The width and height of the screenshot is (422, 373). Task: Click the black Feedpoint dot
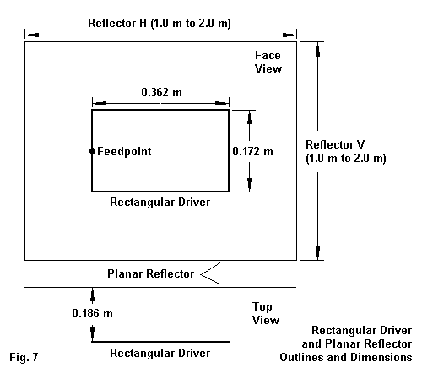[x=92, y=151]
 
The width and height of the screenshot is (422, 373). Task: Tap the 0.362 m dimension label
[x=161, y=92]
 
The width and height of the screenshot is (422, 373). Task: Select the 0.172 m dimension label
[x=252, y=151]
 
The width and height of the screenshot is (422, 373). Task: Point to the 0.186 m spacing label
[x=92, y=313]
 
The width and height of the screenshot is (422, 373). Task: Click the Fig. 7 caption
[x=24, y=357]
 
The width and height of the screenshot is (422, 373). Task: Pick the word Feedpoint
[x=124, y=151]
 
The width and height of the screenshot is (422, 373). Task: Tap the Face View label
[x=268, y=62]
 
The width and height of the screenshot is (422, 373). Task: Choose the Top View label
[x=266, y=313]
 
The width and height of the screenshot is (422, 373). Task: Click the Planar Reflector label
[x=151, y=273]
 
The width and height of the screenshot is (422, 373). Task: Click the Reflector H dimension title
[x=160, y=23]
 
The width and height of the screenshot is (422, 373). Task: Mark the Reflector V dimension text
[x=346, y=151]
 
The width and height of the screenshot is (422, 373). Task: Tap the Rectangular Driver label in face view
[x=160, y=202]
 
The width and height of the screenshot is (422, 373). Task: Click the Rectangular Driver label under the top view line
[x=160, y=353]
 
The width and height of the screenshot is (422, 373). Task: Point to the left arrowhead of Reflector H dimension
[x=32, y=35]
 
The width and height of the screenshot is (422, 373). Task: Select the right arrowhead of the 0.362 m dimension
[x=222, y=104]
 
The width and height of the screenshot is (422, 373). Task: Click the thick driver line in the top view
[x=160, y=342]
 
